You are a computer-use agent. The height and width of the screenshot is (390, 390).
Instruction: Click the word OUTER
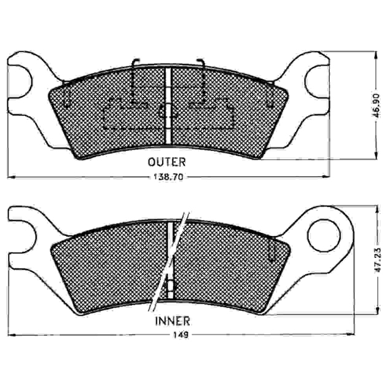pyautogui.click(x=166, y=162)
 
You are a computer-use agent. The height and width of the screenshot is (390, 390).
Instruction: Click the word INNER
pyautogui.click(x=173, y=321)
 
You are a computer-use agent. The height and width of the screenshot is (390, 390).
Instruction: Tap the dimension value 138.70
pyautogui.click(x=168, y=177)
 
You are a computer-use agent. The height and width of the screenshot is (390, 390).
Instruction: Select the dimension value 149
pyautogui.click(x=181, y=335)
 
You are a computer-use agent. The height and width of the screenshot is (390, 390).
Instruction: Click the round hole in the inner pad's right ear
pyautogui.click(x=324, y=235)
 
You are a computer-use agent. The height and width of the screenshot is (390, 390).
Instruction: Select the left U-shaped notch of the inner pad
pyautogui.click(x=23, y=236)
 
